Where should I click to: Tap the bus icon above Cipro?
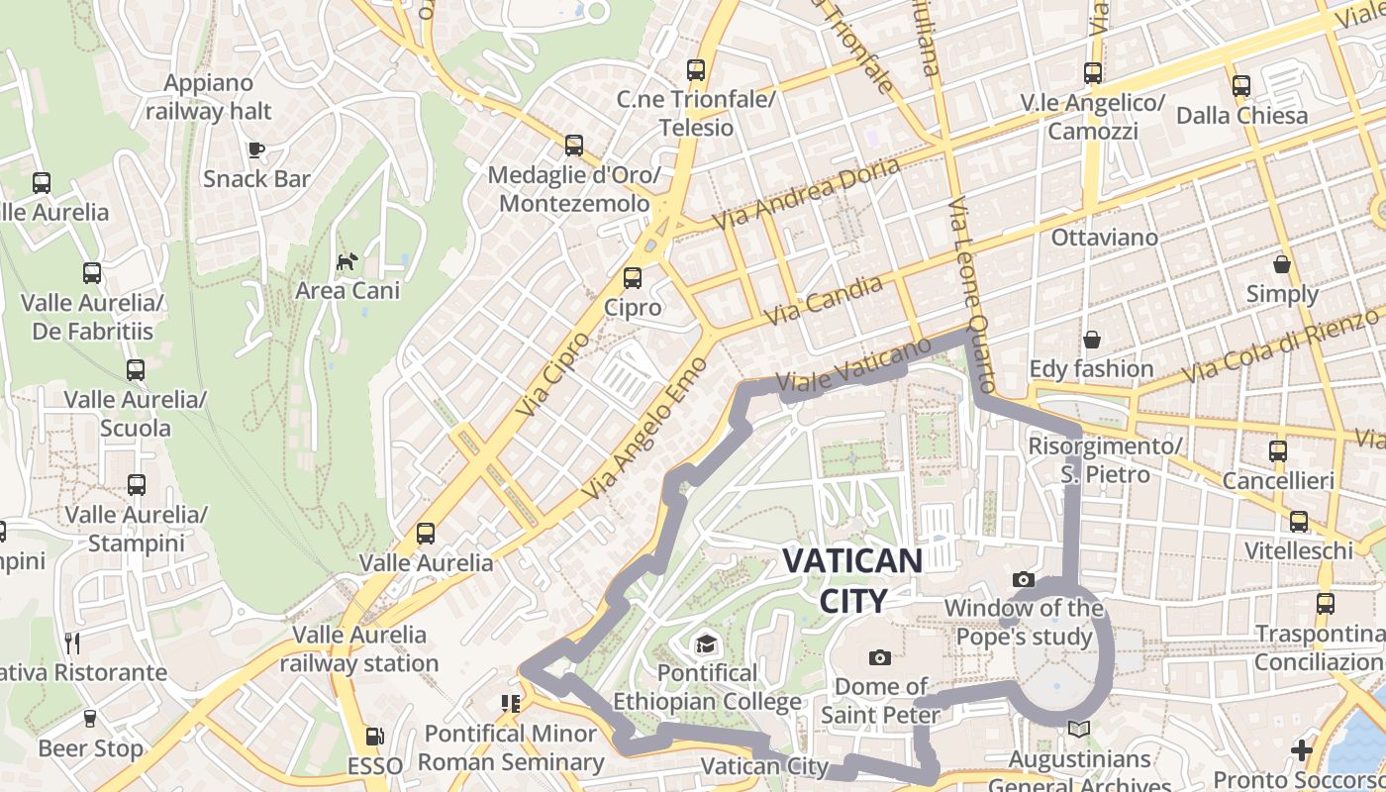pos(633,278)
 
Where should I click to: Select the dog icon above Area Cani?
pos(347,261)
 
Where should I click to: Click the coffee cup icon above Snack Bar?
pos(256,149)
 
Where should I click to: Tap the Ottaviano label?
pos(1104,238)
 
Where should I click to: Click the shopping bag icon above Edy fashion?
pos(1092,340)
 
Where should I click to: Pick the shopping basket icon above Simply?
pos(1282,264)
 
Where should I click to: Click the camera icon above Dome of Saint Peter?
pos(879,657)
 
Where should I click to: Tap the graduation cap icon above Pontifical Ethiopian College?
pos(707,644)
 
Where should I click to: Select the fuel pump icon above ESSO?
pos(375,737)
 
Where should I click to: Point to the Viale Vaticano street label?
pos(854,364)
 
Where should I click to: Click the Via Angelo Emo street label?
pos(644,428)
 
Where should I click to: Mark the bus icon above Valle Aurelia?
pos(426,534)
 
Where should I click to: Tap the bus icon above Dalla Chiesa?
pos(1241,86)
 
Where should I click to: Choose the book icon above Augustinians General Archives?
pos(1078,730)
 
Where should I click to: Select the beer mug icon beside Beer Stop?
pos(90,719)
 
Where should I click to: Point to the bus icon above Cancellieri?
pos(1278,451)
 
